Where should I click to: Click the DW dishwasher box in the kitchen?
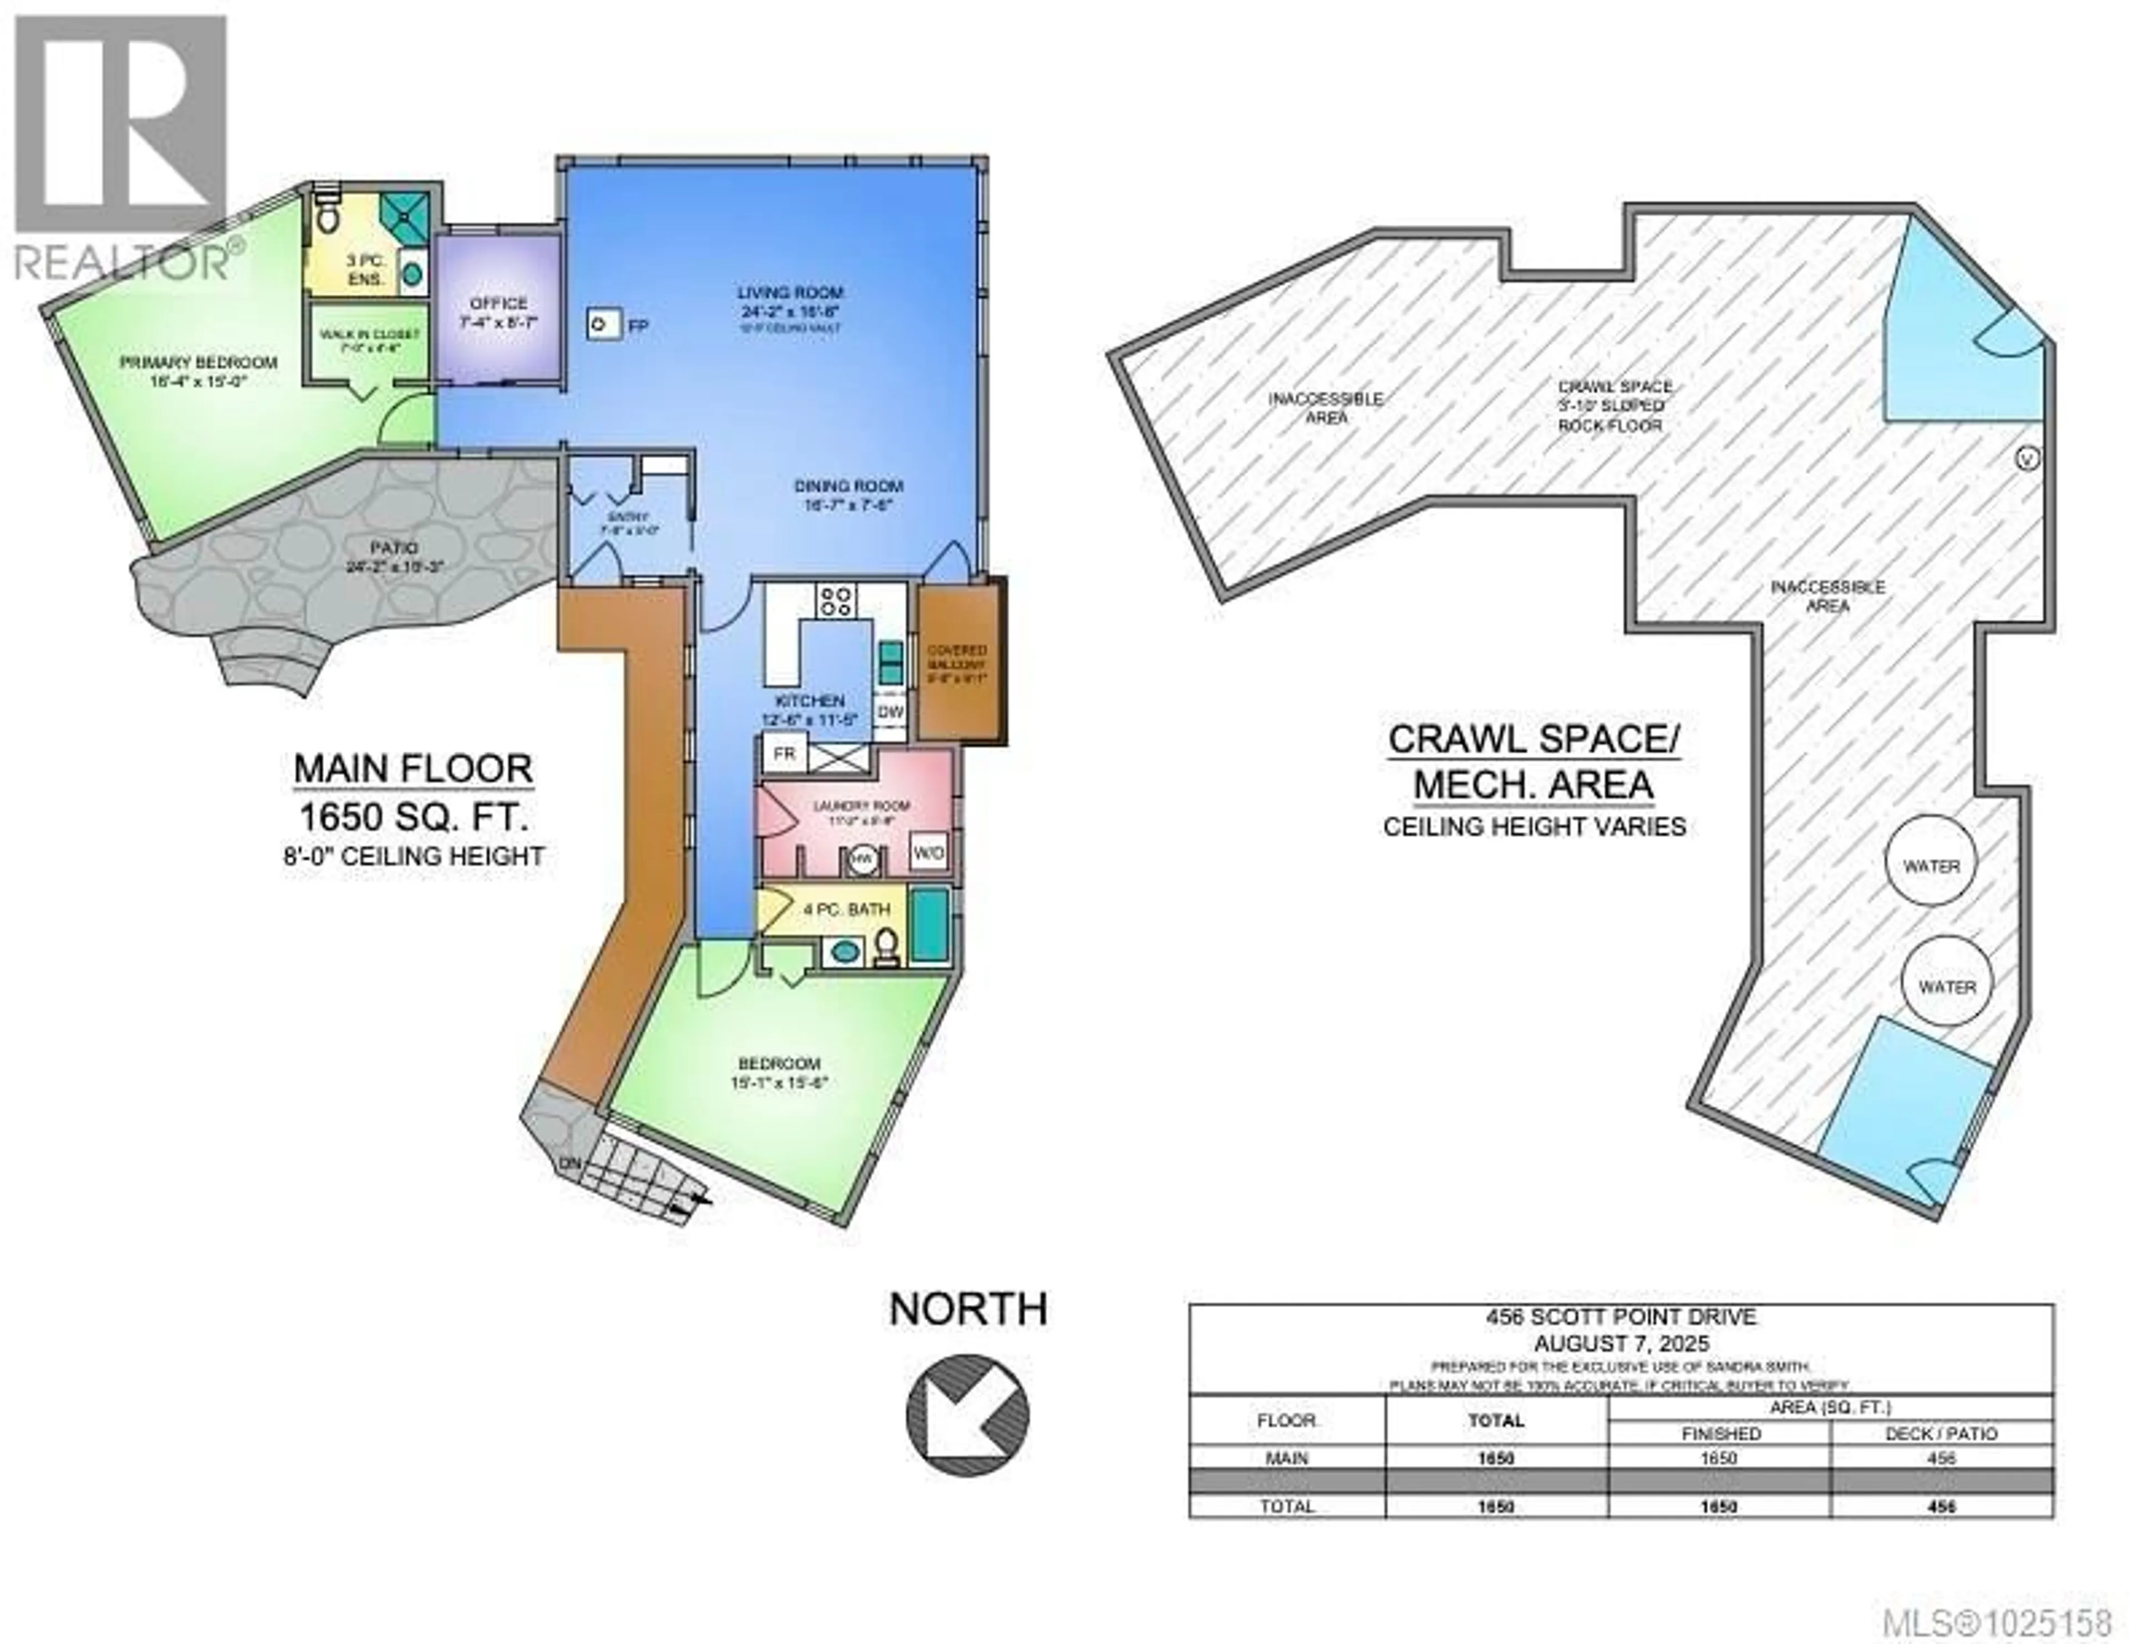(890, 711)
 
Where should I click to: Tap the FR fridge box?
(783, 754)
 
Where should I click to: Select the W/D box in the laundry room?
(928, 853)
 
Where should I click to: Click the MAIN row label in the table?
(1287, 1459)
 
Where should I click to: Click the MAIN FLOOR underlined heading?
(413, 769)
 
